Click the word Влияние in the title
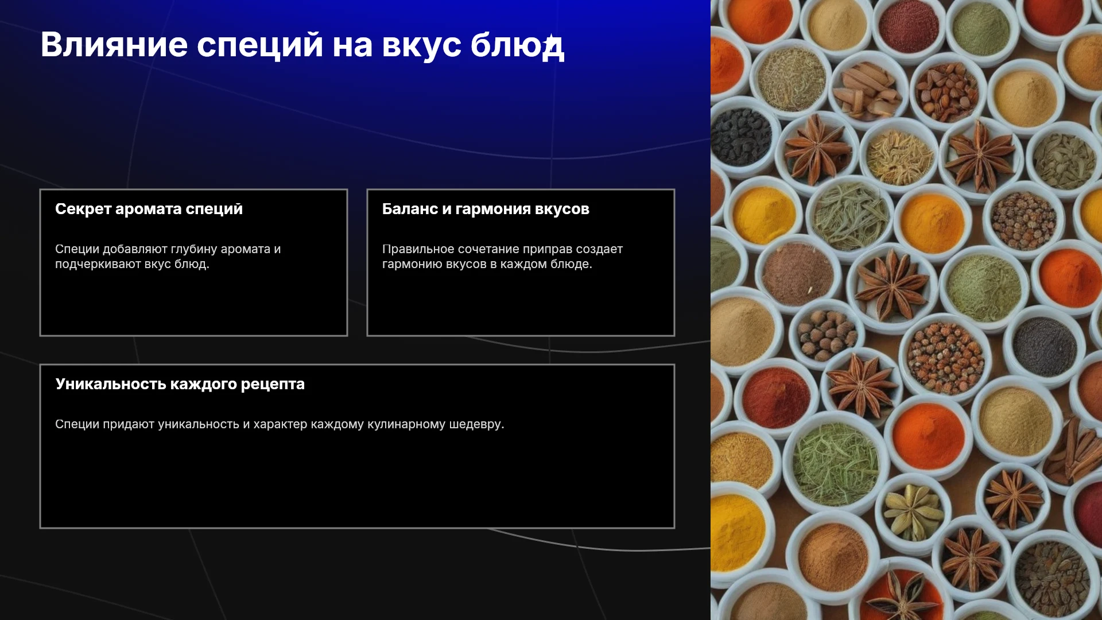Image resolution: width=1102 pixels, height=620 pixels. coord(114,45)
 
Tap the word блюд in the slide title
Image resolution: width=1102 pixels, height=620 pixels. coord(517,45)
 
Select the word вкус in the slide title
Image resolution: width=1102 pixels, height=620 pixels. coord(422,45)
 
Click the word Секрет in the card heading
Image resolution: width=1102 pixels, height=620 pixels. coord(83,209)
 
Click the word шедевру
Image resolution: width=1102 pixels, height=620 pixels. coord(476,425)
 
